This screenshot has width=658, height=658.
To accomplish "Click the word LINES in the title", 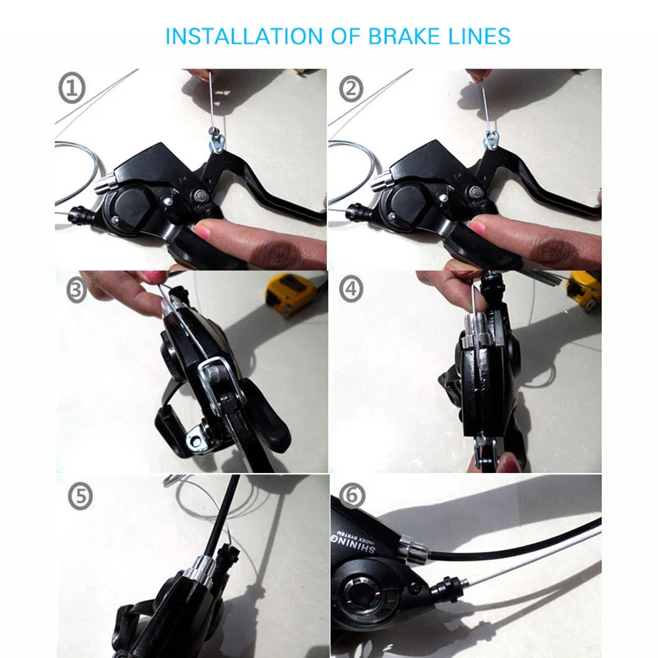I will [x=480, y=36].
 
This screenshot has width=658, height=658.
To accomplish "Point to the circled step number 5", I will [x=80, y=497].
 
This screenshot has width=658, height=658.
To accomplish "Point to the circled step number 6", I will [x=353, y=497].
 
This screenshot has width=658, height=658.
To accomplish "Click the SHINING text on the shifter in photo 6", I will [x=360, y=542].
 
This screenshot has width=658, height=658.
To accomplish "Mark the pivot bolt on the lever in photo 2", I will [x=475, y=193].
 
